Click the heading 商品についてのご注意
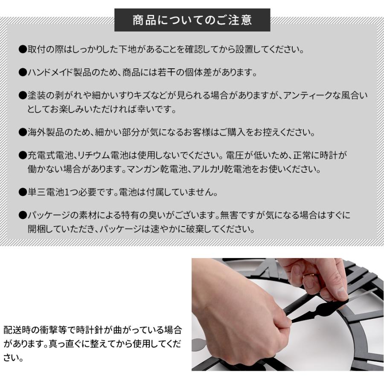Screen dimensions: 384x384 [192, 20]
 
